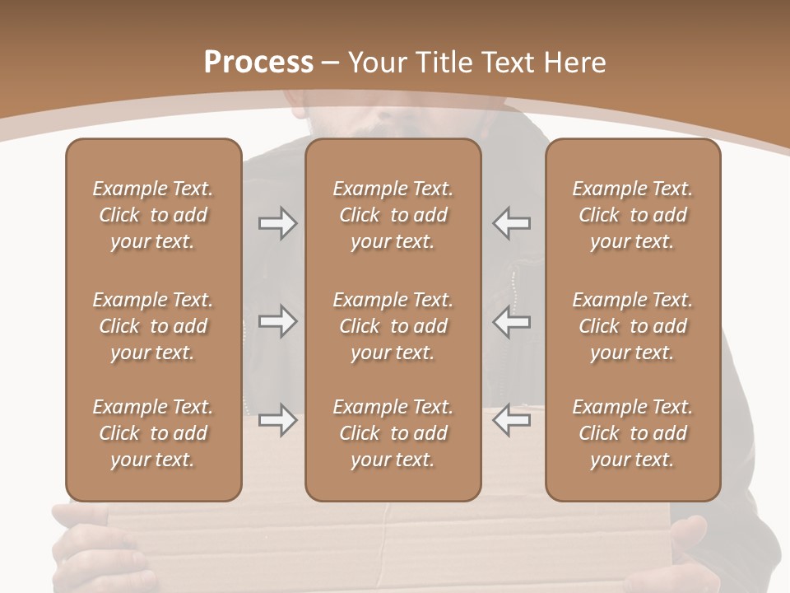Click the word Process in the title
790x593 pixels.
[258, 62]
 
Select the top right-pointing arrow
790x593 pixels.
[277, 222]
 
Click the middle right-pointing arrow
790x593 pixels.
[277, 321]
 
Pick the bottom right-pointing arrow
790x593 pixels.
[277, 420]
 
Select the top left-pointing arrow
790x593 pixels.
[512, 222]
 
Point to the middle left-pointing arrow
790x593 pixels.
[512, 321]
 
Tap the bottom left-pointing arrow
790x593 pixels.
[512, 420]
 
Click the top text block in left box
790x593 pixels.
[153, 215]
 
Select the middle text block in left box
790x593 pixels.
[153, 326]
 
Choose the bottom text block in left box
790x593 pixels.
[153, 433]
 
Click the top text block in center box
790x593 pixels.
[393, 215]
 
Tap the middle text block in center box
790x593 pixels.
[393, 326]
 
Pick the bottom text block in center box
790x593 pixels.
[393, 433]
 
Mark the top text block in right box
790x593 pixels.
[632, 215]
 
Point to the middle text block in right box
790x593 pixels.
[632, 326]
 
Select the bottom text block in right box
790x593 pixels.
[632, 433]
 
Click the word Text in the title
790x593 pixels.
[509, 63]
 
